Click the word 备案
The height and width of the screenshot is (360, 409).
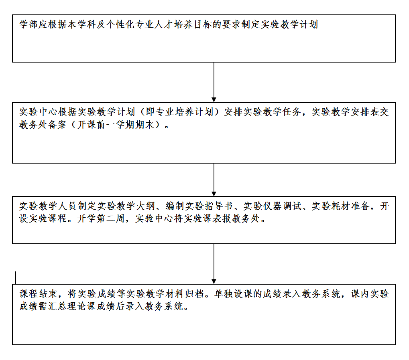pyautogui.click(x=57, y=125)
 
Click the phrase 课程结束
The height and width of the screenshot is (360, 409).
pyautogui.click(x=39, y=294)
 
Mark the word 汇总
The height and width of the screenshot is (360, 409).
pyautogui.click(x=58, y=306)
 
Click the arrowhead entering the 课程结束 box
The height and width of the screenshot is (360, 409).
pyautogui.click(x=214, y=281)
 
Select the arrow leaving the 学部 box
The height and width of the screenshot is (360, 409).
pyautogui.click(x=214, y=82)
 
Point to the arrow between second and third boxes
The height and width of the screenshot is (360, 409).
pyautogui.click(x=214, y=180)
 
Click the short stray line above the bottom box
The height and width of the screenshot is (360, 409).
pyautogui.click(x=16, y=278)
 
